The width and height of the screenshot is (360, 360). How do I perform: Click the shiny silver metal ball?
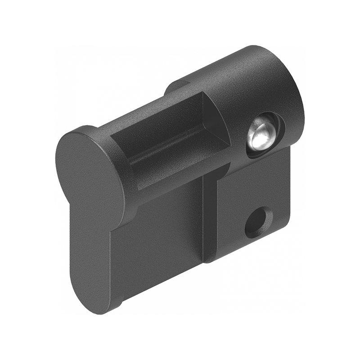[x=261, y=135]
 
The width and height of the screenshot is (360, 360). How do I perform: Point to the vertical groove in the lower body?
[x=210, y=216]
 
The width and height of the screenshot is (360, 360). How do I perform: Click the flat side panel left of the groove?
[x=157, y=234]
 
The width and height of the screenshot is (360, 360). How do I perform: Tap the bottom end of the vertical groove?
[x=209, y=259]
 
